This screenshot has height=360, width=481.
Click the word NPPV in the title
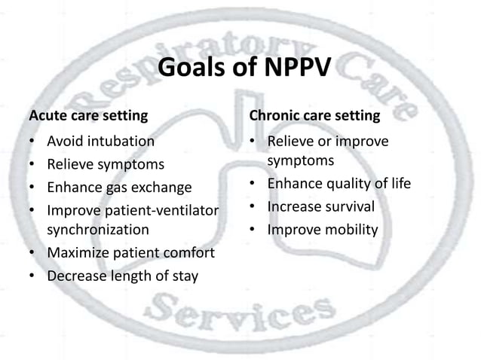(x=293, y=70)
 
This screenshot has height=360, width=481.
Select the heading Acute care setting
(x=87, y=116)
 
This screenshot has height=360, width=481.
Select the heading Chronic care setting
(x=314, y=116)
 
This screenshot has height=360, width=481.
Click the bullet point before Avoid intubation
(x=33, y=142)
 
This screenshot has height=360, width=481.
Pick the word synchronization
(x=98, y=229)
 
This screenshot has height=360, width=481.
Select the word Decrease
(x=76, y=276)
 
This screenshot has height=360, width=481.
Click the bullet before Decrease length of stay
(x=33, y=276)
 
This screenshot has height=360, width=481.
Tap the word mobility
(x=350, y=229)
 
